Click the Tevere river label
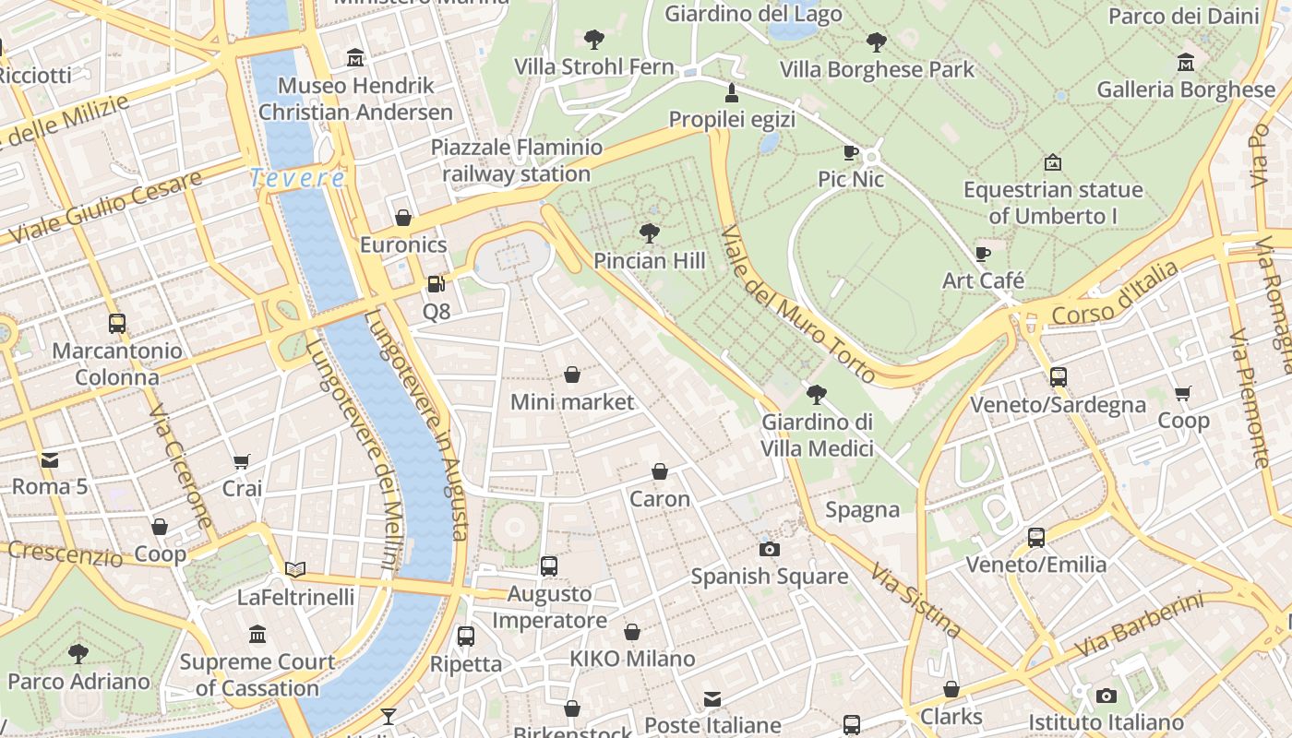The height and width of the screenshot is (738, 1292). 297,178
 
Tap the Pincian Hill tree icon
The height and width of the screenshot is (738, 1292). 650,232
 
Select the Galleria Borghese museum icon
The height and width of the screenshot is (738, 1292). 1186,62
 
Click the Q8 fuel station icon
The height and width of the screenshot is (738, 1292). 436,284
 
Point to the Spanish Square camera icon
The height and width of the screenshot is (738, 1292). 769,549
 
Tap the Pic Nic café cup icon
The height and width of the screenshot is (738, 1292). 851,152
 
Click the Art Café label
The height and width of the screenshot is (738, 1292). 983,280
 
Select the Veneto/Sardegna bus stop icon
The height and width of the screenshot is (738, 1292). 1058,376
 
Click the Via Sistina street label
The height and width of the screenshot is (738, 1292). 915,601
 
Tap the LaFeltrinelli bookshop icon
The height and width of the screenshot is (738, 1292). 295,569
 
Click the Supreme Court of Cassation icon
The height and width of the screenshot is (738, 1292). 257,634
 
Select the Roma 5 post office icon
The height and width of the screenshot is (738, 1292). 49,458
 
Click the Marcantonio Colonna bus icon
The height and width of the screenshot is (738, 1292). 116,323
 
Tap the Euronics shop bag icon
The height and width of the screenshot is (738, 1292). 403,218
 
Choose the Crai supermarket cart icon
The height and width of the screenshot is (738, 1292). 242,460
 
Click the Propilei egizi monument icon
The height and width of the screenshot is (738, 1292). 732,92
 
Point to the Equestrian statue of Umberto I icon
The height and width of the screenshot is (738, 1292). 1052,162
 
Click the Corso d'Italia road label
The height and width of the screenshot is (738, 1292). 1116,293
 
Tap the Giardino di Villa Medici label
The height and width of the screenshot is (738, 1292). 817,435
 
